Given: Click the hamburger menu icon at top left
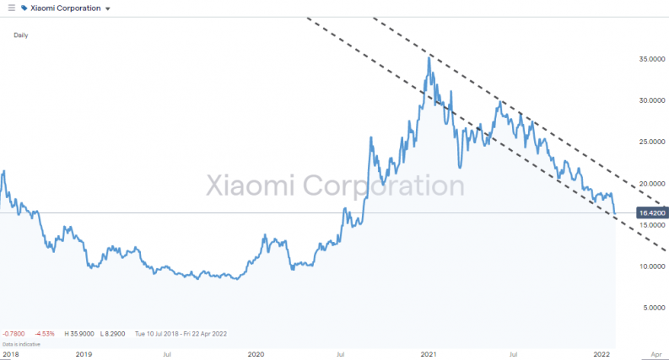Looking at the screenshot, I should [x=11, y=8].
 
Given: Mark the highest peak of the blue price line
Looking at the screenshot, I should [x=429, y=56].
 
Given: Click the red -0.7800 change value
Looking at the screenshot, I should [x=14, y=334].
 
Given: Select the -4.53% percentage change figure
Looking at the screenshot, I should [x=46, y=334].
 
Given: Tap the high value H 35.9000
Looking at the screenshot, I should [x=77, y=334].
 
